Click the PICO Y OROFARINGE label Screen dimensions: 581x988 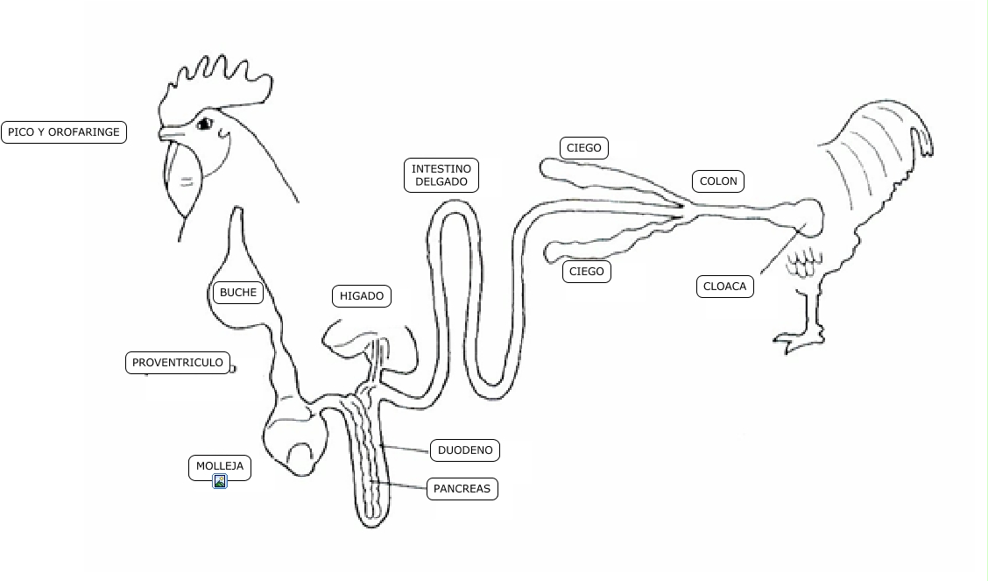(x=63, y=132)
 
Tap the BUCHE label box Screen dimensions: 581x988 (x=237, y=293)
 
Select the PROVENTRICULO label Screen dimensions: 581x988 (x=178, y=363)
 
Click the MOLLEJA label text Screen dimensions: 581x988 (x=220, y=465)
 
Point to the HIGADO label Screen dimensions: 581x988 (x=362, y=296)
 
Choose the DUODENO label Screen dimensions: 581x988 (x=465, y=450)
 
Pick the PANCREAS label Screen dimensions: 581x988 (x=462, y=488)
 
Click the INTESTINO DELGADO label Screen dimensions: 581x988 (x=441, y=175)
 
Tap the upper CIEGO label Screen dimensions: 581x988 (x=584, y=148)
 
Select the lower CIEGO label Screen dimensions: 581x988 (x=586, y=272)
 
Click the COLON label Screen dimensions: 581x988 (x=719, y=181)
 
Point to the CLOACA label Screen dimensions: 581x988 (x=724, y=287)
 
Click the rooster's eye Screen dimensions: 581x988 (x=205, y=124)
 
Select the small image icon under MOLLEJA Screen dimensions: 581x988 (x=220, y=481)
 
